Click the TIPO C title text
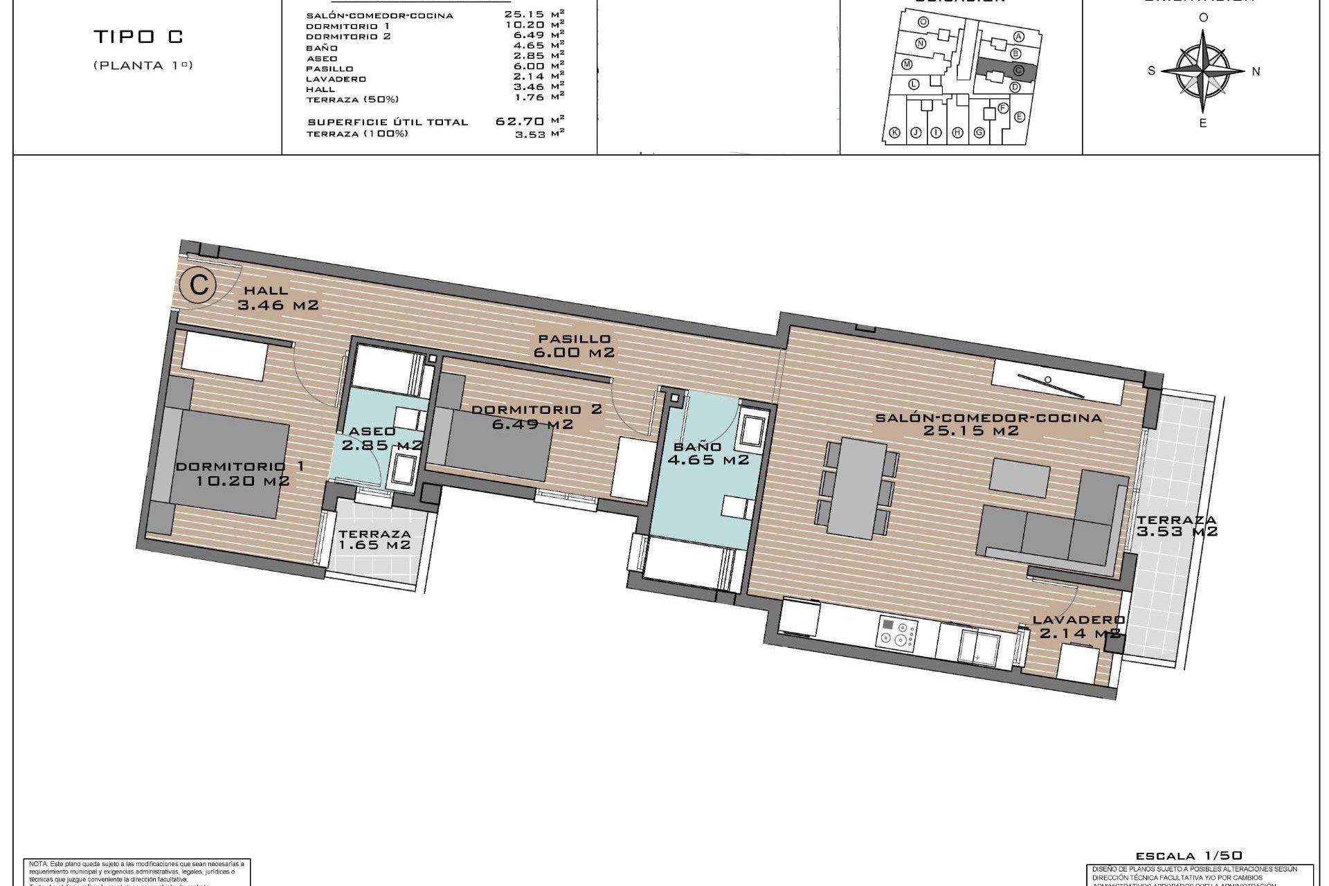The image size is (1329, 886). pos(139,37)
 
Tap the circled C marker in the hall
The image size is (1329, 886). pos(199,285)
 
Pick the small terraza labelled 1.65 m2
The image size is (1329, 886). pos(374,540)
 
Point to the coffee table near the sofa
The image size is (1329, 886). pos(1020,478)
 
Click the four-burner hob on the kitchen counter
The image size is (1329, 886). pos(898,632)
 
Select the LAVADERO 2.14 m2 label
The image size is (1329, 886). pos(1078,626)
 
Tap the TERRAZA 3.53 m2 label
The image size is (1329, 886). pos(1176,526)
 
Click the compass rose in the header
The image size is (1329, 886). pos(1204,71)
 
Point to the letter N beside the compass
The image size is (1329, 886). pos(1256,71)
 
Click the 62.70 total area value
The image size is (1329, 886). pos(519,121)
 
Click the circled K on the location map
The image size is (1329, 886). pos(894,133)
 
